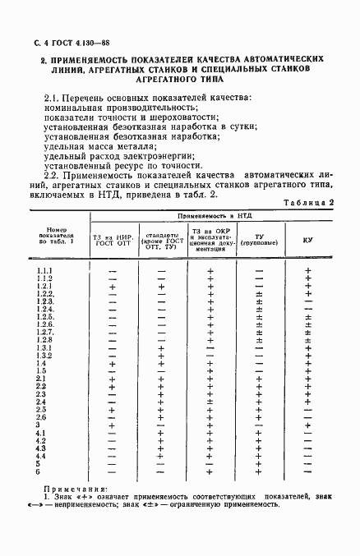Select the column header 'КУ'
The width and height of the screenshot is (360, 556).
coord(307,240)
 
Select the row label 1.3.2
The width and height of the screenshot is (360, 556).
coord(44,356)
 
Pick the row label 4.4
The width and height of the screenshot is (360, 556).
coord(43,456)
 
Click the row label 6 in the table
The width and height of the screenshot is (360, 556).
coord(39,471)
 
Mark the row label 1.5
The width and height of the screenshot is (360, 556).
coord(42,371)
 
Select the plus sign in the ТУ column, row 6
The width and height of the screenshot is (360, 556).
coord(260,471)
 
